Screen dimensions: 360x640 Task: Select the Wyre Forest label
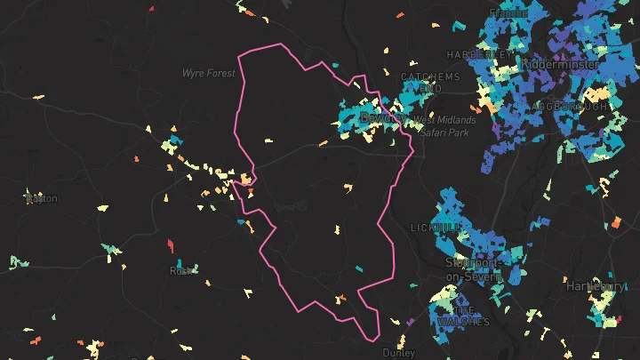(x=209, y=73)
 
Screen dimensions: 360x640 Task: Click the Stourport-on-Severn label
(x=474, y=269)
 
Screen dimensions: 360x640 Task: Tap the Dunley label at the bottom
(x=398, y=353)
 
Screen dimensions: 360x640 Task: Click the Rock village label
(x=180, y=271)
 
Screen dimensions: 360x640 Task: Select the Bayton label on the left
(x=41, y=198)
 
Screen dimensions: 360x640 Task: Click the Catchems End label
(x=430, y=83)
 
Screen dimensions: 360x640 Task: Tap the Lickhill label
(x=436, y=228)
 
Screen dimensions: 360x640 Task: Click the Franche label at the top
(x=508, y=14)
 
